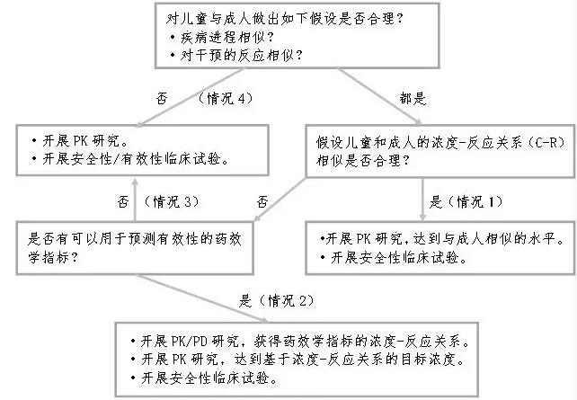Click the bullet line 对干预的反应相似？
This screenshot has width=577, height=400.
[x=234, y=54]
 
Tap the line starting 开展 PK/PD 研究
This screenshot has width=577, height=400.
[x=306, y=342]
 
